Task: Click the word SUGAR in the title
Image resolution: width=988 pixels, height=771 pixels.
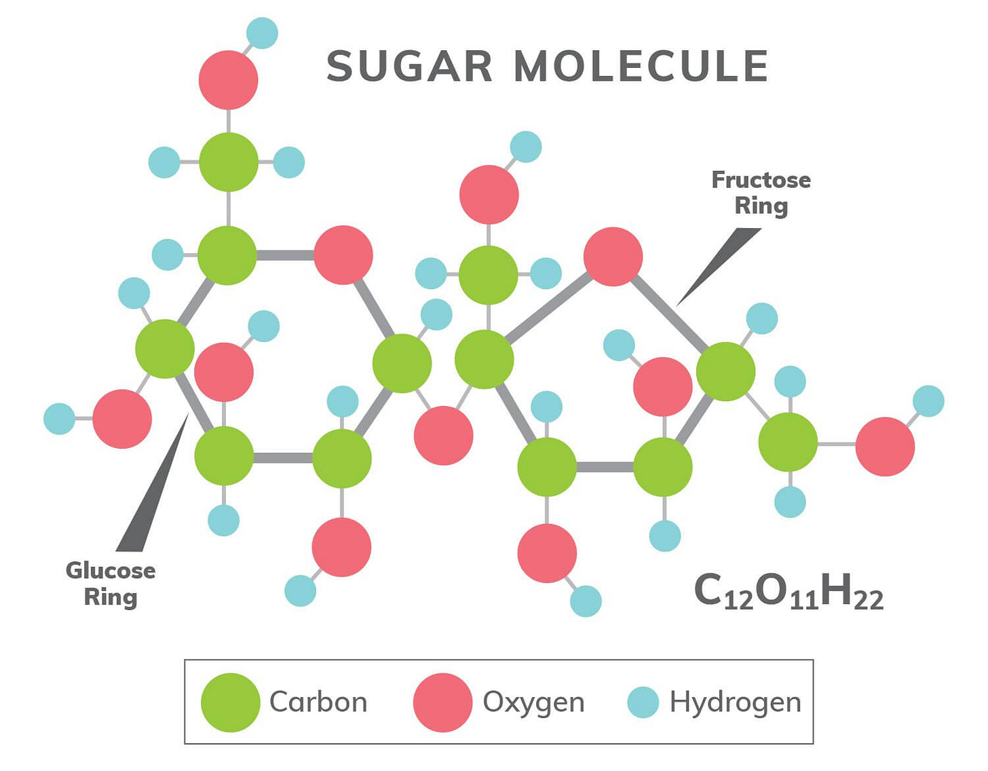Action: click(x=409, y=67)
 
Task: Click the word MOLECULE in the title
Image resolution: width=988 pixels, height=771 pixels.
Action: click(x=641, y=67)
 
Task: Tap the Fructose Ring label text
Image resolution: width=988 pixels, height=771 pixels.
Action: click(x=761, y=193)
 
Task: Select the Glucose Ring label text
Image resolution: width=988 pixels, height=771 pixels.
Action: click(x=111, y=584)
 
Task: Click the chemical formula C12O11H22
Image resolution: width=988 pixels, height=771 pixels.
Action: click(x=788, y=591)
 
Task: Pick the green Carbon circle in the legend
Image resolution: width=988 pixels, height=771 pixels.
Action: click(x=231, y=702)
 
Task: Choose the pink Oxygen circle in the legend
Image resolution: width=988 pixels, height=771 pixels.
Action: click(x=442, y=702)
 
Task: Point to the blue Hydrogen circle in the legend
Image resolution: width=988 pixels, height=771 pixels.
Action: click(x=643, y=702)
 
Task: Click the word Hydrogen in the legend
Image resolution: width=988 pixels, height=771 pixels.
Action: click(x=735, y=702)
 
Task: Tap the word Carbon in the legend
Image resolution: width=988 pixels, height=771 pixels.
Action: click(x=318, y=702)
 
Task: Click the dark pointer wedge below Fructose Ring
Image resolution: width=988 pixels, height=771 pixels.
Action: click(x=719, y=265)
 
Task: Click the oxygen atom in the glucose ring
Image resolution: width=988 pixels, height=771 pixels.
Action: click(x=343, y=255)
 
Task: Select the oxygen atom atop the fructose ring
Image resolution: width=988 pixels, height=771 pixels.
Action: click(x=613, y=257)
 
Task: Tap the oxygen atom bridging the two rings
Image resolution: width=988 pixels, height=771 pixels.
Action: click(x=443, y=435)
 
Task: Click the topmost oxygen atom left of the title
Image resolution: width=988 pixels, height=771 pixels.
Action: click(x=228, y=79)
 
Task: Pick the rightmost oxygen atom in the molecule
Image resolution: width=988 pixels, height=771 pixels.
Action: click(x=885, y=447)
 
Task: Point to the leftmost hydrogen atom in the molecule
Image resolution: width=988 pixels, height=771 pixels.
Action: click(x=59, y=419)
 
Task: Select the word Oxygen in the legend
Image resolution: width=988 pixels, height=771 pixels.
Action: click(x=533, y=702)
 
